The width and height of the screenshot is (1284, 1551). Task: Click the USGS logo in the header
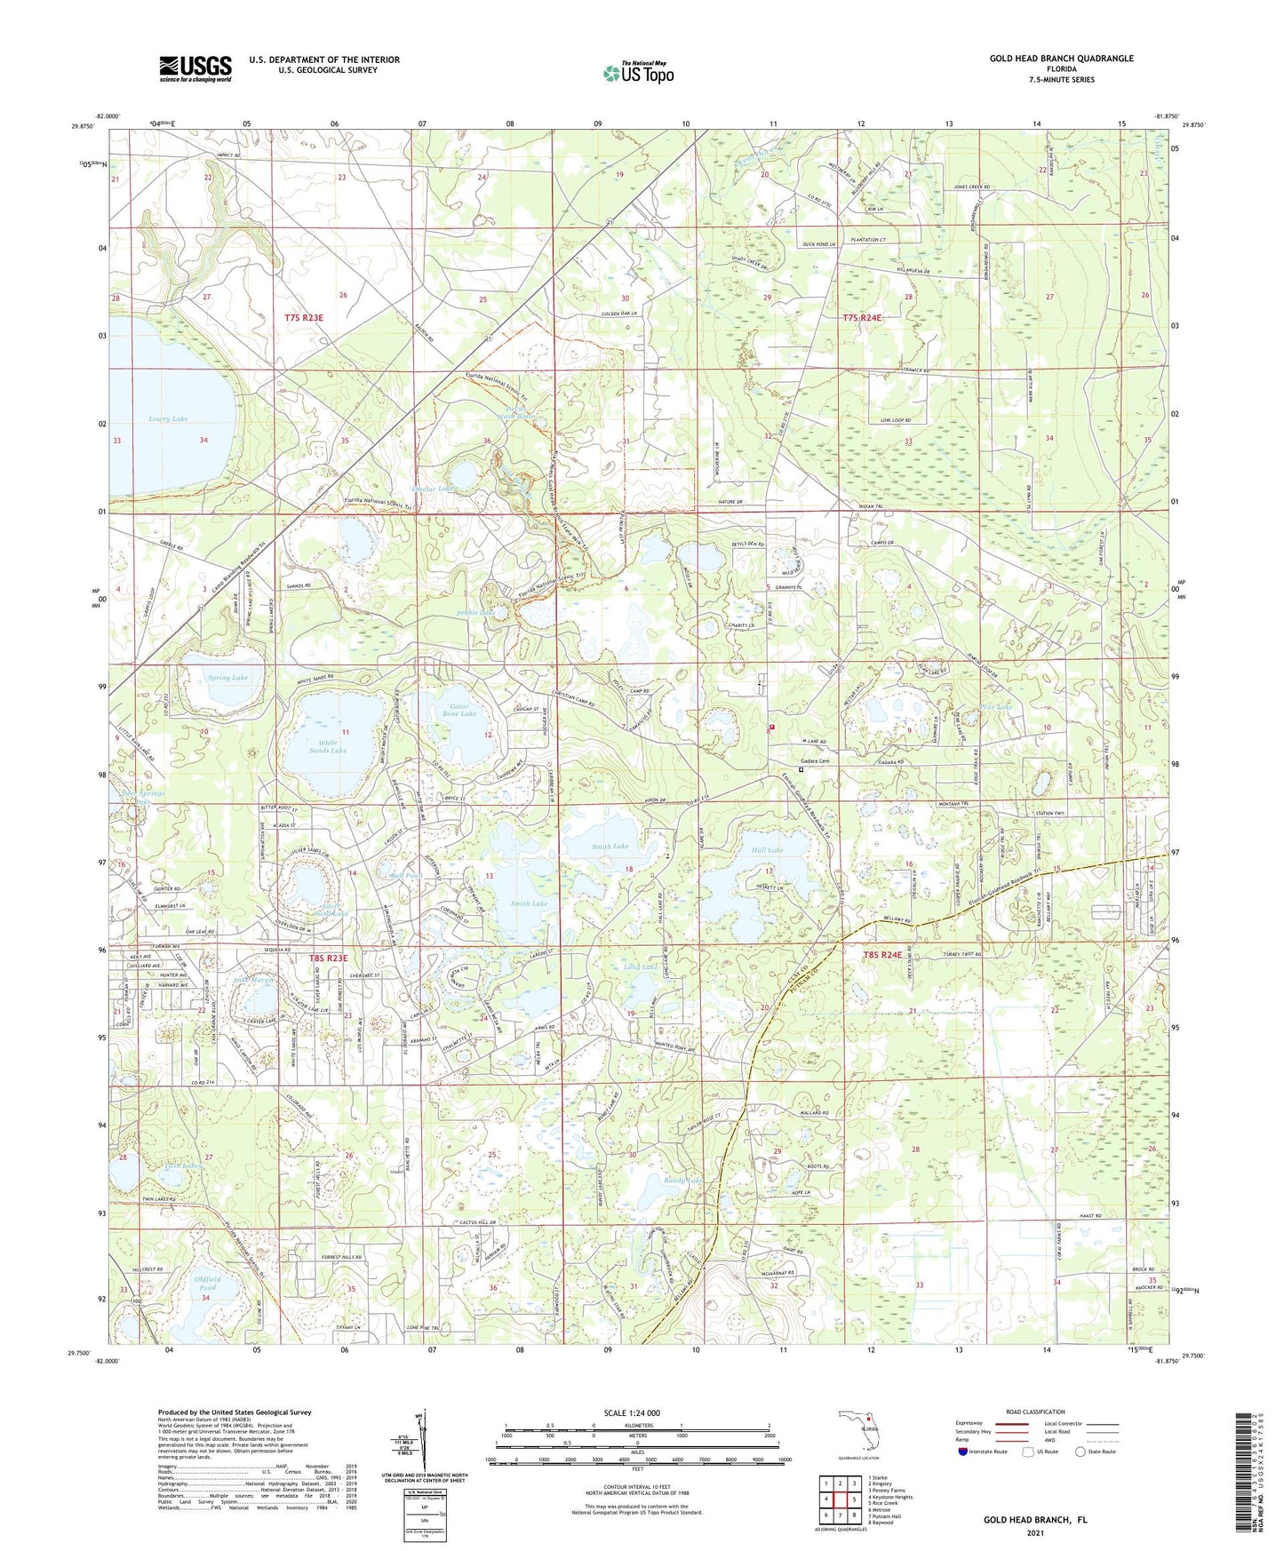pos(195,68)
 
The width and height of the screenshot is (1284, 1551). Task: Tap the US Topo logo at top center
pos(638,73)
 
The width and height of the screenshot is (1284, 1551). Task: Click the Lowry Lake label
pos(168,418)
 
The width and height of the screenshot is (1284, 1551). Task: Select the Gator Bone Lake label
pos(459,709)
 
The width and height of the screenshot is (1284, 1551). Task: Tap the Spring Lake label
pos(227,678)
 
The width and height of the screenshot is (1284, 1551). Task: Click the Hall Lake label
pos(769,850)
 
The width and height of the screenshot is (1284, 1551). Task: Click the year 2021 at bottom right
pos(1034,1532)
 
